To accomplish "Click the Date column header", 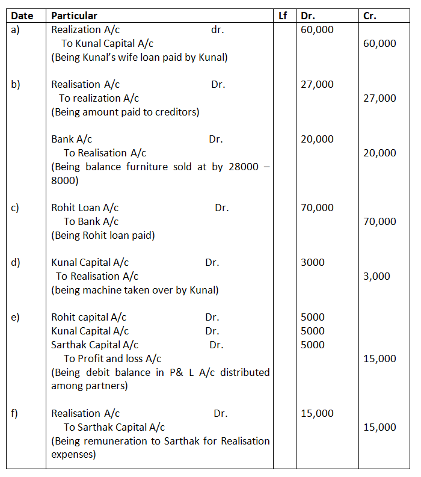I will (22, 16).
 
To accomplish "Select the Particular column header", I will (74, 16).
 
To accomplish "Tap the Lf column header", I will (283, 16).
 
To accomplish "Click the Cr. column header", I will (370, 16).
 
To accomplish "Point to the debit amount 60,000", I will (317, 29).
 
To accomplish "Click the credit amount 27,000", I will (380, 98).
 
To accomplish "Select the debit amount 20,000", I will (317, 139).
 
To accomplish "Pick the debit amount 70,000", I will (317, 208).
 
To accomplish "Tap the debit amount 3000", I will (312, 262).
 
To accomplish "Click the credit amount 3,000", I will (376, 276).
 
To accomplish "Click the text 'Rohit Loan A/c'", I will (85, 208).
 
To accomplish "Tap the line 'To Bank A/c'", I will (91, 221).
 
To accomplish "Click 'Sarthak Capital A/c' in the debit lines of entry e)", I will (94, 345).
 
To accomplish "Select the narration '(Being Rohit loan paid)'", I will (103, 235).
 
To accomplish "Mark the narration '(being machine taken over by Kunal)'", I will (135, 290).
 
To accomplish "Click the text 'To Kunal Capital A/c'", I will (107, 43).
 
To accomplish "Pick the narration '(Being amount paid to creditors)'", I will (125, 112).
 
